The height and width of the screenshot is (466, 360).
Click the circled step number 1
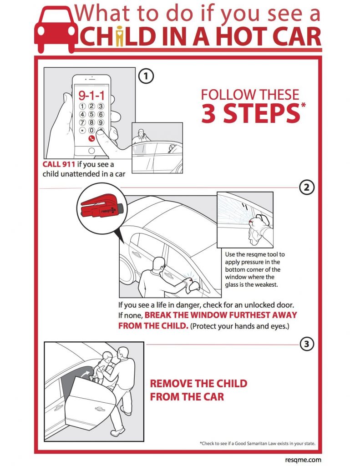tap(146, 76)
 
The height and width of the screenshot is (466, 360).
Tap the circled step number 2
tap(306, 187)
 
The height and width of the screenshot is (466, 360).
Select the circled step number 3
tap(306, 344)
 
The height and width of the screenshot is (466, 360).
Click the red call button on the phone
tap(91, 138)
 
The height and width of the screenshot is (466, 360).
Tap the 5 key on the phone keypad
tap(91, 114)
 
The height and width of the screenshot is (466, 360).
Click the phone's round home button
tap(91, 151)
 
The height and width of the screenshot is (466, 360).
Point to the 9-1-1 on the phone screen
tap(91, 96)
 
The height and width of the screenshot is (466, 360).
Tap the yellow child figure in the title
tap(120, 36)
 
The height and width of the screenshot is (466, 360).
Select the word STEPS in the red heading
tap(262, 113)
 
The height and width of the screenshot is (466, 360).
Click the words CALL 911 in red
tap(59, 164)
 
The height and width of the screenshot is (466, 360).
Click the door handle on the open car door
tap(100, 409)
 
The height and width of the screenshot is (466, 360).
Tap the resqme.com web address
tap(303, 460)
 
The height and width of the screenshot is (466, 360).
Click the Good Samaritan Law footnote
tap(258, 443)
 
